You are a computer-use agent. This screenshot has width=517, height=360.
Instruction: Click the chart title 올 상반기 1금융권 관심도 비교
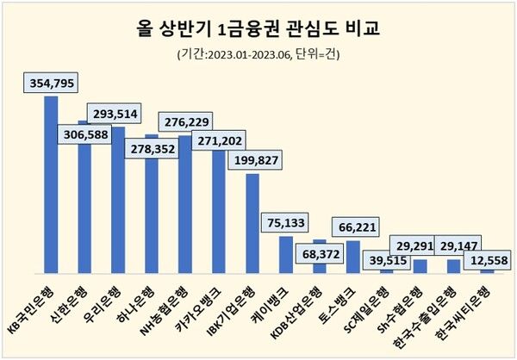pyautogui.click(x=258, y=28)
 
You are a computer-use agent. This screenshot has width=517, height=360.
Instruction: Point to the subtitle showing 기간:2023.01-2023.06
pyautogui.click(x=258, y=55)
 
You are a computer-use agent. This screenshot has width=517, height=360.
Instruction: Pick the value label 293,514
pyautogui.click(x=118, y=115)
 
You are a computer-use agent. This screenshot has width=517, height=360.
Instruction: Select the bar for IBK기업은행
pyautogui.click(x=252, y=223)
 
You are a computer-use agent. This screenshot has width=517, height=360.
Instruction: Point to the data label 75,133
pyautogui.click(x=287, y=224)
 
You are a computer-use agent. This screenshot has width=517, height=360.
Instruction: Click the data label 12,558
pyautogui.click(x=487, y=260)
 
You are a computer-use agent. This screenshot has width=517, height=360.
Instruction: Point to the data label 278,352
pyautogui.click(x=151, y=149)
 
